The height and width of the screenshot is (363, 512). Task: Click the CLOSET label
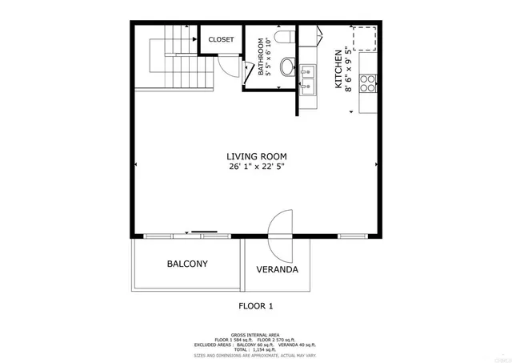221,39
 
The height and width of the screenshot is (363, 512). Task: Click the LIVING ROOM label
256,156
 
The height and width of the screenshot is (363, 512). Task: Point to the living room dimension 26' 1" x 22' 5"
256,167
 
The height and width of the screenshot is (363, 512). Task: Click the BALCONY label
187,264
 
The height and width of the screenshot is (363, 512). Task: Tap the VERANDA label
277,269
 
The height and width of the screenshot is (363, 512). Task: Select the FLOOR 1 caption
256,305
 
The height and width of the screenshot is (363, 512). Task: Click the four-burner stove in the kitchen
368,83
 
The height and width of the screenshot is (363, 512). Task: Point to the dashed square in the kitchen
366,38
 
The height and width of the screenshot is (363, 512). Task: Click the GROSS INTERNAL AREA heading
256,334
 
